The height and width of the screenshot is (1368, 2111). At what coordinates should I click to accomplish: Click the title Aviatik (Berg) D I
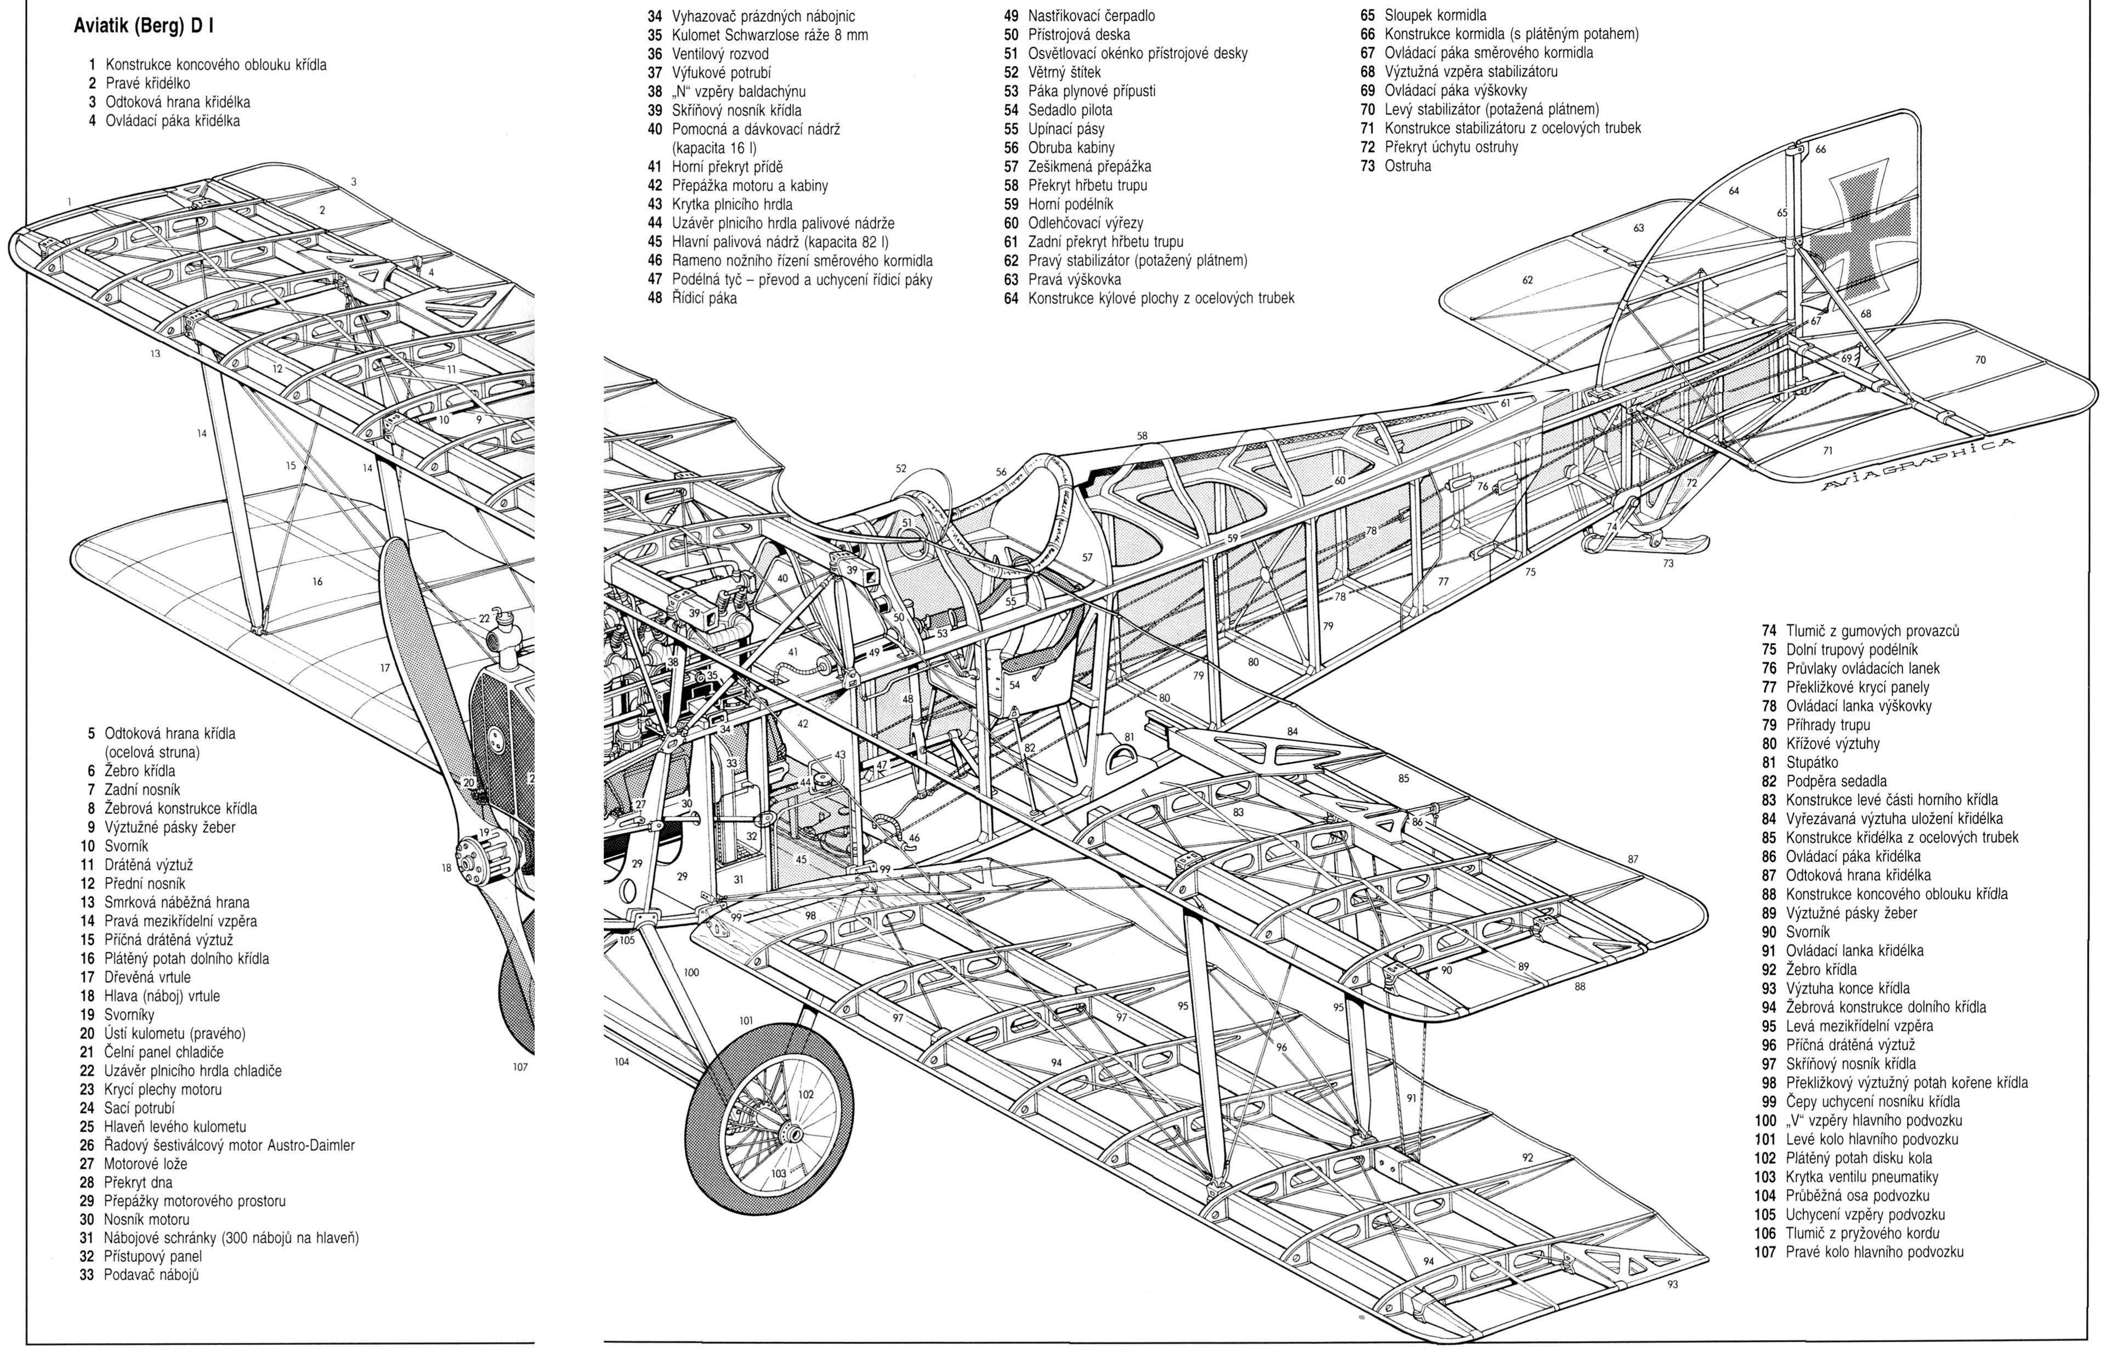pyautogui.click(x=145, y=26)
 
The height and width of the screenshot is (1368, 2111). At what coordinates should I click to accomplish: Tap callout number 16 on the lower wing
pyautogui.click(x=317, y=582)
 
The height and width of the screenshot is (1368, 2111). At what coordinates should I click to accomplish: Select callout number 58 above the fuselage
pyautogui.click(x=1142, y=436)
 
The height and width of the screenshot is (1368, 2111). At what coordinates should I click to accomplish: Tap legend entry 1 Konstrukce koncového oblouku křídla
pyautogui.click(x=207, y=65)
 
